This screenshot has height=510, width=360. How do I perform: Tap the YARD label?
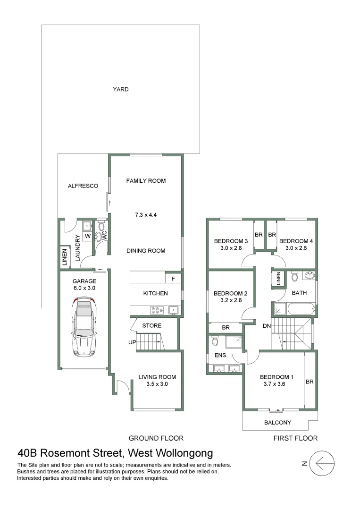click(x=120, y=89)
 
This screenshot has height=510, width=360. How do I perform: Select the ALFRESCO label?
click(x=83, y=186)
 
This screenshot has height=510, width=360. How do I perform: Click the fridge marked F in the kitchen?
click(x=173, y=279)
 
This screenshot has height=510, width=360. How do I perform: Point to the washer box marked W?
click(x=88, y=236)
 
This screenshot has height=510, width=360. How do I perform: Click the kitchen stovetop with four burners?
click(x=156, y=310)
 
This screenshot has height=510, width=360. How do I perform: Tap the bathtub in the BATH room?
click(x=293, y=310)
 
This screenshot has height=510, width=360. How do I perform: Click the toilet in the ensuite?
click(x=215, y=340)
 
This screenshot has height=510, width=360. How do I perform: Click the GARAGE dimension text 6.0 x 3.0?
click(x=84, y=288)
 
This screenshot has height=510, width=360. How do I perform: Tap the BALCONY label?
click(x=278, y=423)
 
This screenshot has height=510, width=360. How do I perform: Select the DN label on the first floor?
click(x=267, y=325)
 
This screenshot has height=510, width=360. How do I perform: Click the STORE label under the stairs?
click(x=151, y=326)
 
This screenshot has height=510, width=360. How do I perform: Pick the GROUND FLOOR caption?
click(x=156, y=438)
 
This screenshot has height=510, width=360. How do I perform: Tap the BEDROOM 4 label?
click(x=296, y=241)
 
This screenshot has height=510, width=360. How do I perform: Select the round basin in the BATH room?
click(x=310, y=276)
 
